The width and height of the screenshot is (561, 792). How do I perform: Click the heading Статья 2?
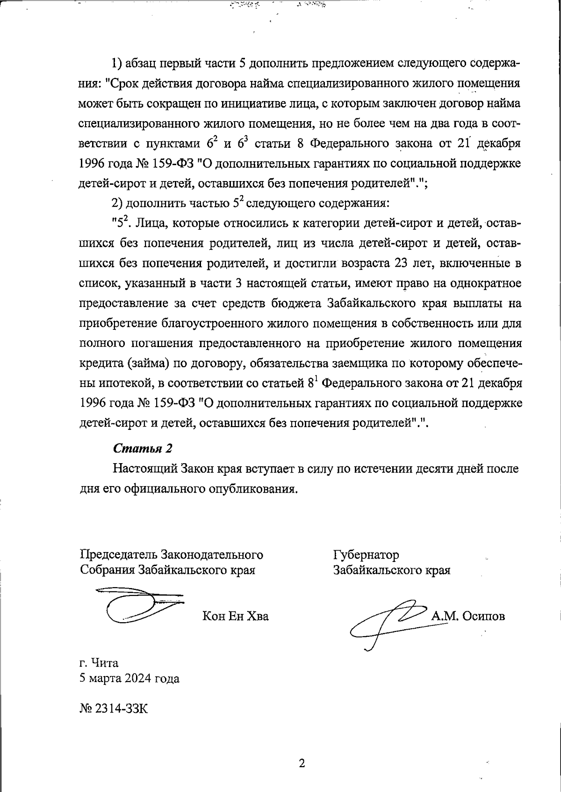pos(143,448)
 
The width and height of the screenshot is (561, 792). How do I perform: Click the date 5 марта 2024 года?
pos(129,678)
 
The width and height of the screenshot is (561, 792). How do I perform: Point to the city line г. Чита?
pos(99,663)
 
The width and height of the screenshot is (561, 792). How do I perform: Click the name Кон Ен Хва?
pos(236,616)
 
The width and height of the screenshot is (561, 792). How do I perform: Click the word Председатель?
pos(119,555)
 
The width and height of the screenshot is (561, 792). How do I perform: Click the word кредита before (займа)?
pos(101,363)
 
